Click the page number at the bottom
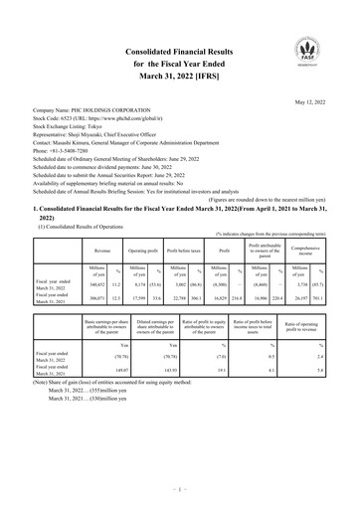(x=179, y=490)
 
